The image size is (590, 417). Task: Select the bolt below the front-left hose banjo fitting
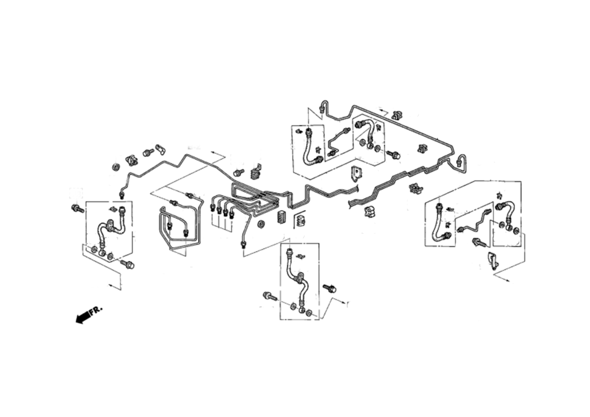127,264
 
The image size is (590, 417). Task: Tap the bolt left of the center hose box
269,295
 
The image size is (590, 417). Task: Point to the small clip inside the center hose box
301,256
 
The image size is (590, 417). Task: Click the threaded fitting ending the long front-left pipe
121,194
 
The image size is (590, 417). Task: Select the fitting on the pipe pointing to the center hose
244,244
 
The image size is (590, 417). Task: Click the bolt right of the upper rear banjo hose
395,155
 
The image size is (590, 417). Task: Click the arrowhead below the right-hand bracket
508,280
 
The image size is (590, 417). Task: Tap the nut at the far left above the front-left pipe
115,166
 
